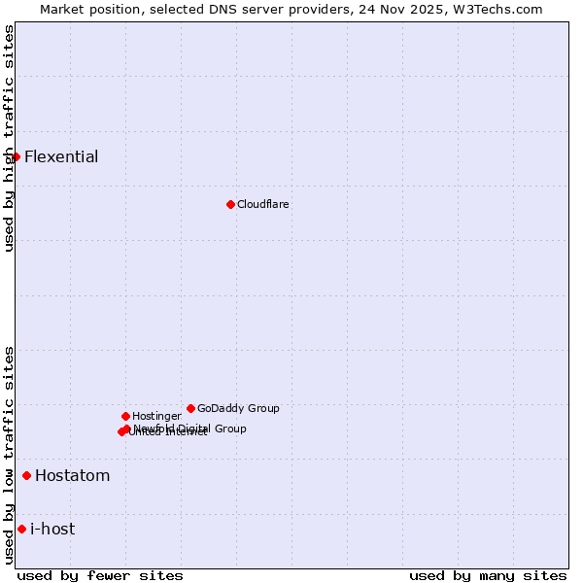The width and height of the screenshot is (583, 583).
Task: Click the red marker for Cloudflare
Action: coord(230,204)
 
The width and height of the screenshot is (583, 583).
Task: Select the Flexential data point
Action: coord(16,156)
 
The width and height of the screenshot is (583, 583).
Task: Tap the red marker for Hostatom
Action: coord(26,475)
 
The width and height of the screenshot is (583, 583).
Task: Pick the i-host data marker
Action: coord(21,529)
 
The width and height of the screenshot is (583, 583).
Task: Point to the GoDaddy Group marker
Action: coord(190,408)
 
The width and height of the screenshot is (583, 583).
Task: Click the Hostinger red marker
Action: coord(125,416)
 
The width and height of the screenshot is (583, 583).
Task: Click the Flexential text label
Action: coord(61,156)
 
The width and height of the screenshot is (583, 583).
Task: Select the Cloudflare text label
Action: coord(263,204)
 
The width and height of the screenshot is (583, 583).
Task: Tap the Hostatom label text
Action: coord(73,475)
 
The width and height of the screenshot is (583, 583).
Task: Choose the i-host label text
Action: coord(52,529)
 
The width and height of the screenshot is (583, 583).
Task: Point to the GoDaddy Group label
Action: coord(238,408)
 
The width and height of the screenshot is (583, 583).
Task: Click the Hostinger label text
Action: coord(156,416)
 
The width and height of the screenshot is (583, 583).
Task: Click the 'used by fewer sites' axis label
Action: coord(100,575)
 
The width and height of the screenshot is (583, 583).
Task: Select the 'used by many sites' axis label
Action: coord(488,575)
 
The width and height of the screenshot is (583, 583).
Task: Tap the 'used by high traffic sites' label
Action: coord(9,139)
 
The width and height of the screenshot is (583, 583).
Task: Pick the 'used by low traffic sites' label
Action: coord(9,454)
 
